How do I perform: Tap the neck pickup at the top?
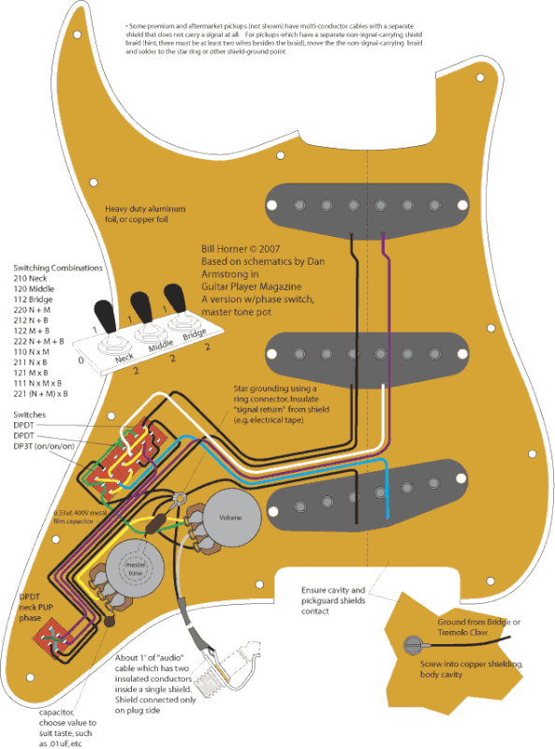click(x=367, y=204)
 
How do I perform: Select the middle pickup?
click(x=367, y=353)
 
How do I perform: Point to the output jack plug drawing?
click(x=234, y=667)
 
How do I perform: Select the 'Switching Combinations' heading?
click(x=51, y=268)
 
